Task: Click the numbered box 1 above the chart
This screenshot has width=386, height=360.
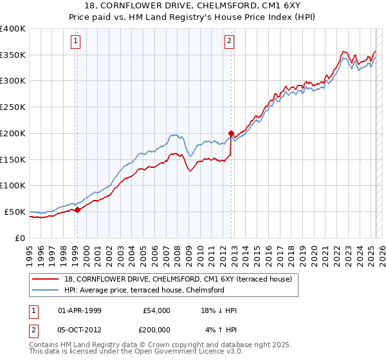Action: click(76, 41)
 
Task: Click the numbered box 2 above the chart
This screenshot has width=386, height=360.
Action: click(230, 41)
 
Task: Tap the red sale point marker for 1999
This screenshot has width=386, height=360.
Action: click(77, 209)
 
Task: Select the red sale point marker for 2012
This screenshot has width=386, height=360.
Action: click(230, 133)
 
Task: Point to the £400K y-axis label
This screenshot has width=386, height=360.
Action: click(13, 29)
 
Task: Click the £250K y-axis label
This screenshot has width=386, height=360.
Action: click(13, 107)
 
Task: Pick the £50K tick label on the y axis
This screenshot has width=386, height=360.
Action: click(15, 212)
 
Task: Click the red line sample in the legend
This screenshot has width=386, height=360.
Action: click(46, 279)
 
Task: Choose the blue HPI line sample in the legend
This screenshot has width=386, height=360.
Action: click(46, 290)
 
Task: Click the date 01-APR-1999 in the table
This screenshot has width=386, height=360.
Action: click(80, 310)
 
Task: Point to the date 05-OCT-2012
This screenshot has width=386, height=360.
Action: click(80, 328)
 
